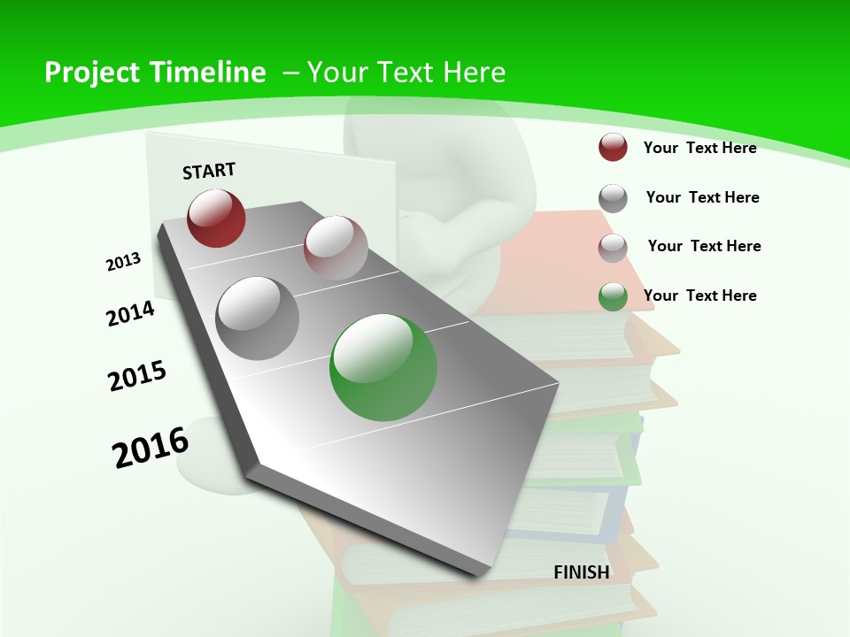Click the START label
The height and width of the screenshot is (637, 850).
tap(209, 171)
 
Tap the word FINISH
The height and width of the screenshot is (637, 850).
tap(581, 572)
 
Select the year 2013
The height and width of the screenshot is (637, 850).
tap(124, 262)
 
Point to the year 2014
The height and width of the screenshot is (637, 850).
tap(131, 314)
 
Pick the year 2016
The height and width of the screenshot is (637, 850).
tap(151, 447)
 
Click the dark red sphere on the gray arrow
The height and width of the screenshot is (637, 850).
tap(216, 218)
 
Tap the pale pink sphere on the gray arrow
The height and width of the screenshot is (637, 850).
tap(336, 248)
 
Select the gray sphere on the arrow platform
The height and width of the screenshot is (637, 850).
tap(258, 318)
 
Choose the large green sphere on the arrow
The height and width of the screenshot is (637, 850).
tap(383, 367)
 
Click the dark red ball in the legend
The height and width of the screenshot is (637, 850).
tap(613, 148)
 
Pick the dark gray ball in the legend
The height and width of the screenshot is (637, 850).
tap(613, 198)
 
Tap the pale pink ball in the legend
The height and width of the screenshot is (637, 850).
tap(613, 248)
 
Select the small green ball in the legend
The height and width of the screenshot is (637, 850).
tap(613, 297)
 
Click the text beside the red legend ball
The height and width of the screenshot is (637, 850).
tap(699, 148)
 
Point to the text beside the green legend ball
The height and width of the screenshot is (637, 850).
tap(699, 295)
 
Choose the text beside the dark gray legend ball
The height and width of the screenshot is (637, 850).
tap(702, 197)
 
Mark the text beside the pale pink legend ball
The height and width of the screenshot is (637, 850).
tap(704, 246)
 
